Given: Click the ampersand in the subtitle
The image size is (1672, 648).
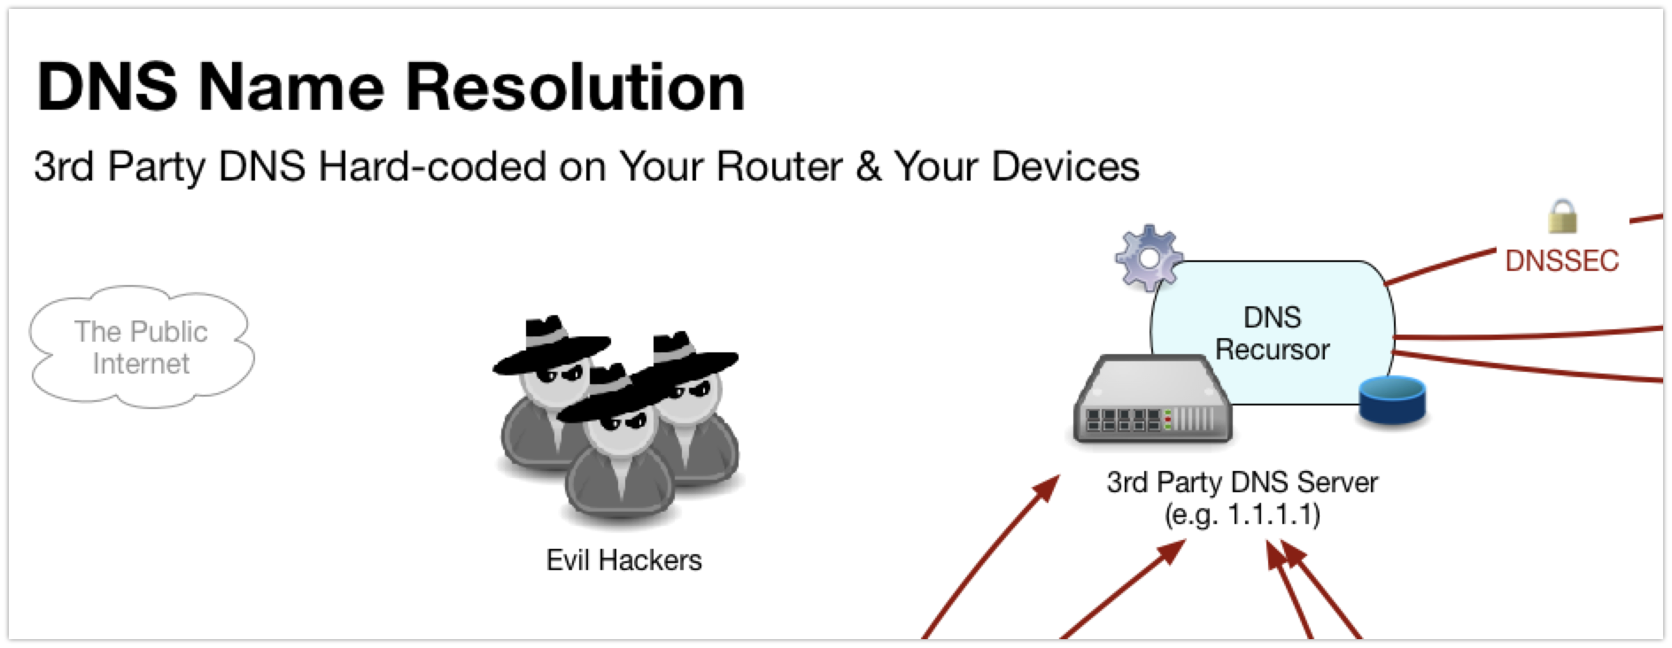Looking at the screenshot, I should [x=869, y=166].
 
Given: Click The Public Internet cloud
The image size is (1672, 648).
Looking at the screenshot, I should [x=141, y=347].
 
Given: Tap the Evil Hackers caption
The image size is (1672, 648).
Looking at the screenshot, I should [x=623, y=560].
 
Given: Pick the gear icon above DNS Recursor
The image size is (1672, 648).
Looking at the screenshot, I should [x=1148, y=258].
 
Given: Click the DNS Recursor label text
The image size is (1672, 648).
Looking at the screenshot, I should [x=1272, y=334].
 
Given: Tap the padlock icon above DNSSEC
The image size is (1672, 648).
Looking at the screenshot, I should [x=1562, y=216].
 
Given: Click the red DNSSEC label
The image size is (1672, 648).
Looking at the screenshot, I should [x=1562, y=260].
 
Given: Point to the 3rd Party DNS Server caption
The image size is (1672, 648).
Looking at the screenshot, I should [x=1242, y=483].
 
